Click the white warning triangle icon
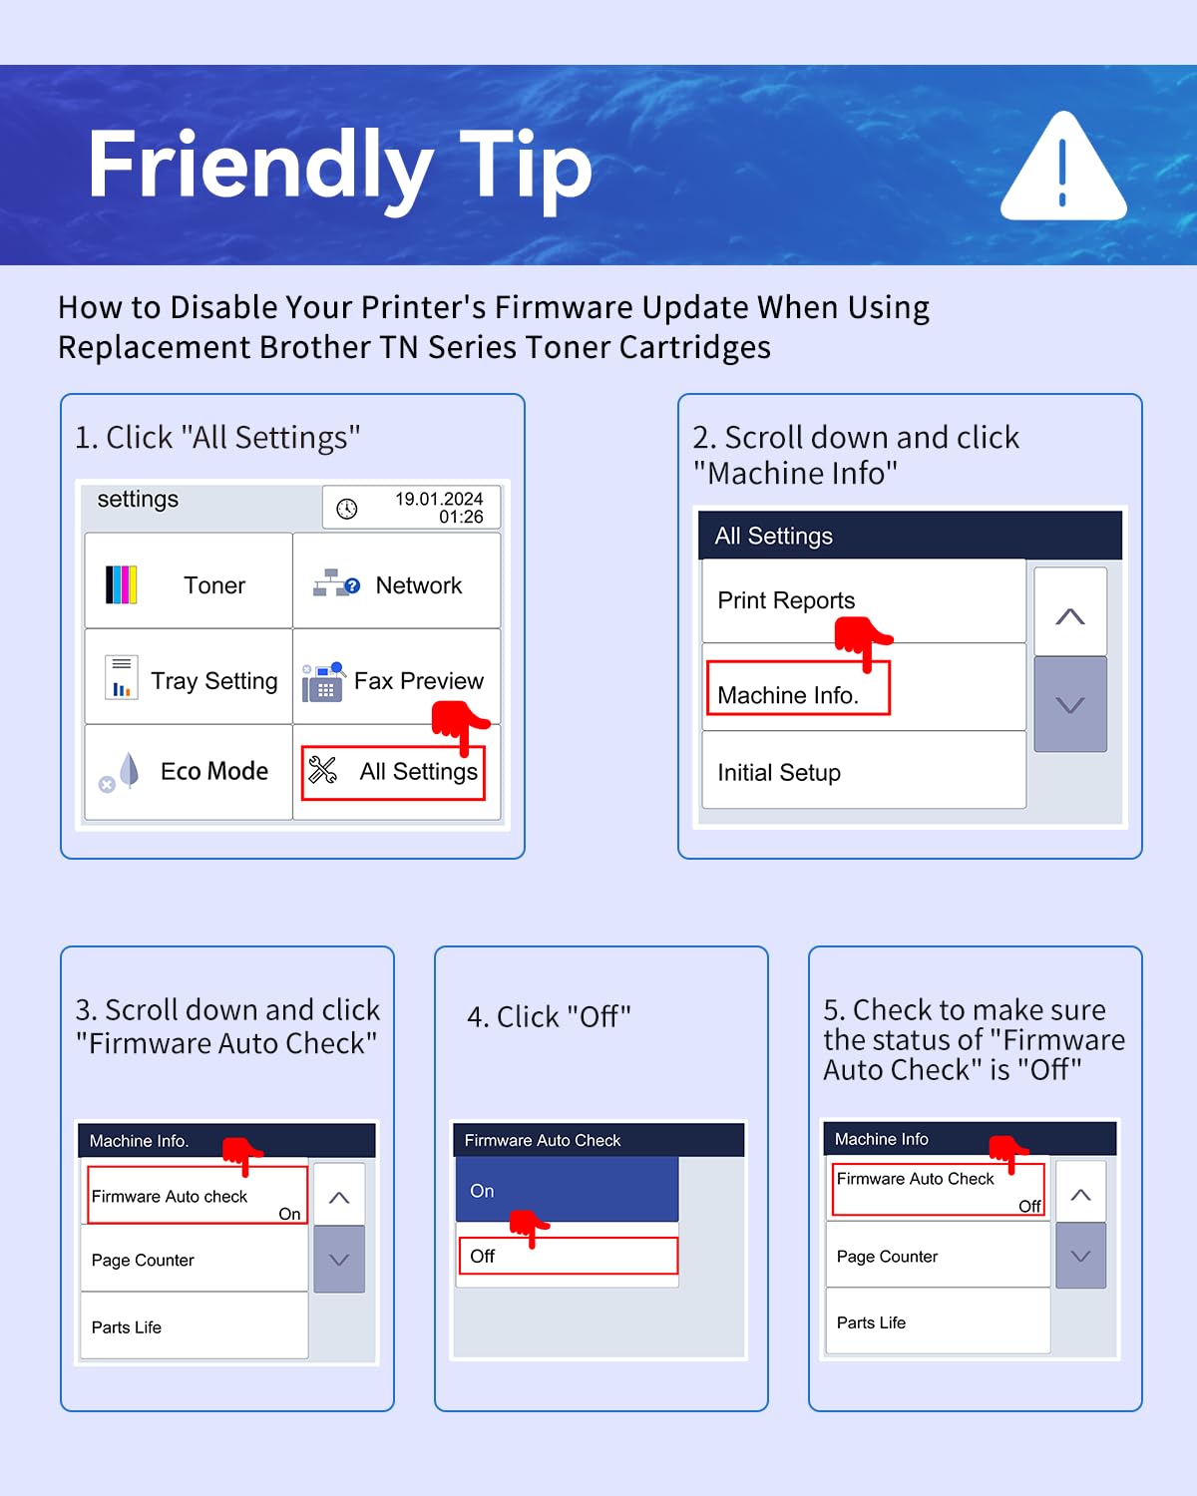1062,167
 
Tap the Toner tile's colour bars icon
121,584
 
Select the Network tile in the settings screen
396,580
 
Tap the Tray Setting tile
189,676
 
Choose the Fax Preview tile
396,676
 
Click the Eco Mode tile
189,772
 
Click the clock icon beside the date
347,509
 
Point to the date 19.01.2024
439,499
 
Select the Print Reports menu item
864,600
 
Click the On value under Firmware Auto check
289,1214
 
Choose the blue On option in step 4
567,1190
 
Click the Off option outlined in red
569,1256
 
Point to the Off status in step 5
1030,1206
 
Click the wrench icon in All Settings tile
323,770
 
